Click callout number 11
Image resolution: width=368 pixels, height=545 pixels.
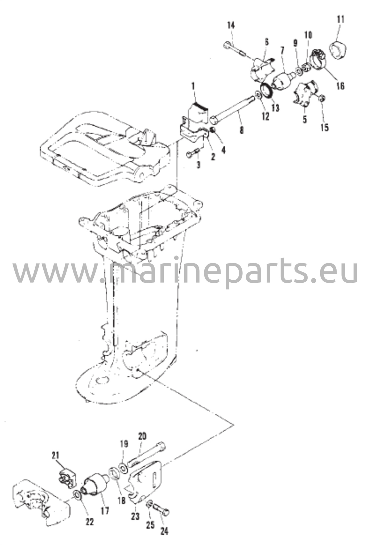340,20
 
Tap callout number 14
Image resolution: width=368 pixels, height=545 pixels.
231,26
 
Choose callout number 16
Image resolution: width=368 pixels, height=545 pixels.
340,86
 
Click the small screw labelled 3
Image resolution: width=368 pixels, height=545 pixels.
193,154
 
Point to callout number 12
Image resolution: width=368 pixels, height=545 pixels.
265,116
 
